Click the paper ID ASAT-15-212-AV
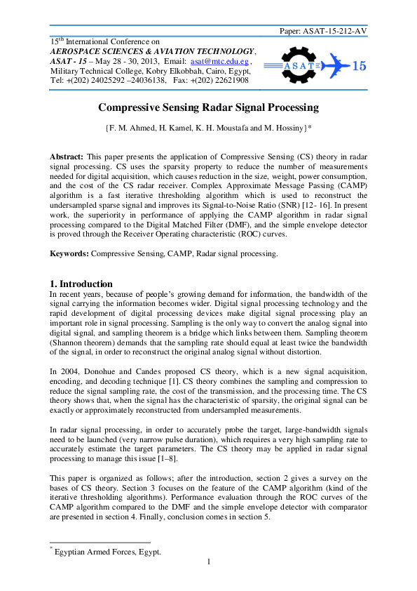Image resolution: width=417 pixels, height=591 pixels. click(334, 31)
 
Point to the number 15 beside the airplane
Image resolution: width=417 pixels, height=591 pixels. click(357, 66)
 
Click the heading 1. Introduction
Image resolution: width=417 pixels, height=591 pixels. click(81, 284)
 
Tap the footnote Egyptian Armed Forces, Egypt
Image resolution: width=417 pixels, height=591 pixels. click(108, 552)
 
